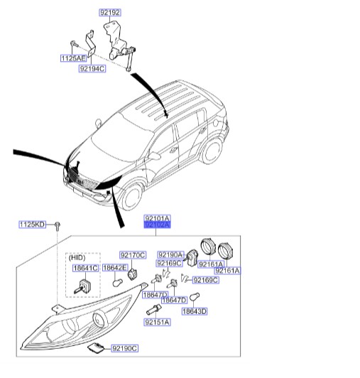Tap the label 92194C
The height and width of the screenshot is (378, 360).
coord(92,69)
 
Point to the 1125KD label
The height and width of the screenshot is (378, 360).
coord(32,225)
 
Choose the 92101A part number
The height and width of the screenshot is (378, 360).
coord(157,219)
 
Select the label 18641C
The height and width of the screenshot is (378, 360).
coord(84,268)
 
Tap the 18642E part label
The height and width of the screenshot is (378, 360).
coord(114,268)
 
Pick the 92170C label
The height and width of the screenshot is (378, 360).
coord(132,254)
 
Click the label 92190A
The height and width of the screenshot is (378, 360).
coord(170,254)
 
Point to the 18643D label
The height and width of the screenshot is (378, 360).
coord(194,311)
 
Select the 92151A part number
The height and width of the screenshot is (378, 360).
coord(156,323)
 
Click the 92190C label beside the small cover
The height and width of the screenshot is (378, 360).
coord(124,348)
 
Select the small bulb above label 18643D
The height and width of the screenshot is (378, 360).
coord(192,296)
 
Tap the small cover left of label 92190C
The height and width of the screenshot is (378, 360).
coord(95,347)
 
